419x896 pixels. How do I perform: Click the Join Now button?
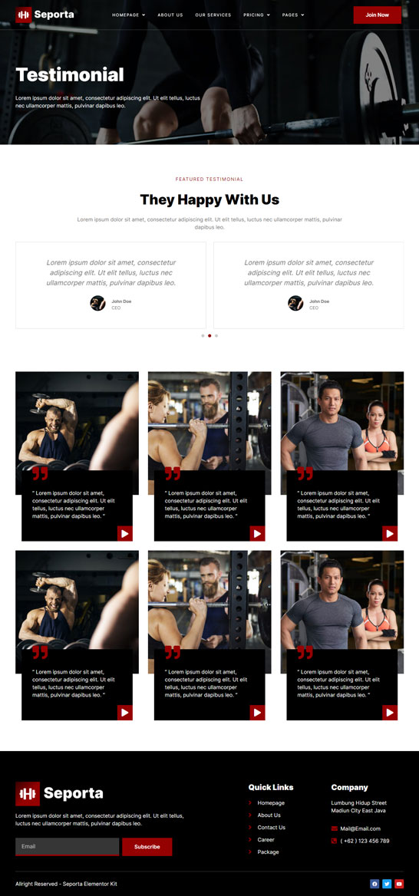coord(378,15)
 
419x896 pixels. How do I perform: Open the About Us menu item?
coord(170,15)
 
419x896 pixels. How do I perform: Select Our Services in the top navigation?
coord(213,15)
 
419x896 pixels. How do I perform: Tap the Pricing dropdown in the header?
coord(256,15)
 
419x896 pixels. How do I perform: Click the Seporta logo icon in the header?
coord(24,15)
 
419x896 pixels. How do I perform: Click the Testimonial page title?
coord(70,75)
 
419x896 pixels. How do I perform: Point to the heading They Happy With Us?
coord(209,199)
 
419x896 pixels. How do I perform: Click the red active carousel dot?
coord(209,335)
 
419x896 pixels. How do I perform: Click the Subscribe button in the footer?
coord(147,847)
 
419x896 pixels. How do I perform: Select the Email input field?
coord(68,847)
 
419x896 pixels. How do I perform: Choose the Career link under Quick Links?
coord(266,839)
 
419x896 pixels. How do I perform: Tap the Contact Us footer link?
coord(272,828)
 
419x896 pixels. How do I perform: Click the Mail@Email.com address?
coord(360,828)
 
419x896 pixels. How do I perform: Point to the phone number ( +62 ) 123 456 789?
coord(365,841)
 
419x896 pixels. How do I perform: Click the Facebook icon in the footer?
coord(374,884)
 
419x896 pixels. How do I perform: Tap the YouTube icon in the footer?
coord(399,884)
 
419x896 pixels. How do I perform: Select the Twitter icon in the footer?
coord(387,884)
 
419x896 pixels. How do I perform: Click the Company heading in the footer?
coord(350,787)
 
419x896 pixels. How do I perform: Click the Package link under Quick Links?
coord(268,852)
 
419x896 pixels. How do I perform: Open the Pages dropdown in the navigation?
coord(293,15)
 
